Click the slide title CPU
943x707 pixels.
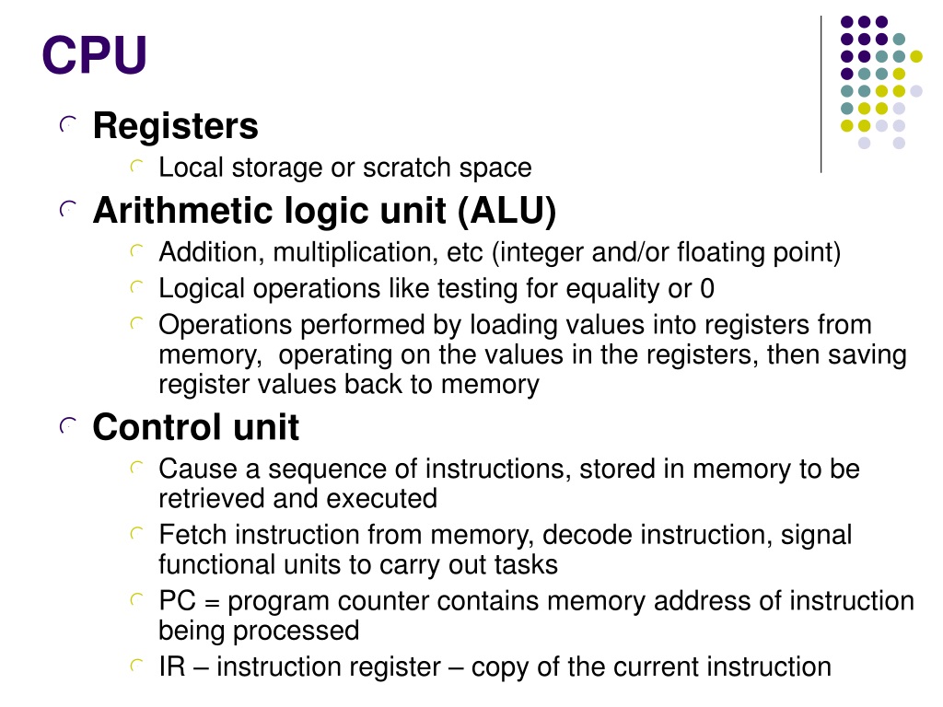pyautogui.click(x=95, y=54)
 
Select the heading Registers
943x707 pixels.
pyautogui.click(x=176, y=126)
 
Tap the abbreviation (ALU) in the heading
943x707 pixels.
pyautogui.click(x=506, y=211)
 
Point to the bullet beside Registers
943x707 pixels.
pyautogui.click(x=68, y=124)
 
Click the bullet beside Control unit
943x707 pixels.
pyautogui.click(x=68, y=426)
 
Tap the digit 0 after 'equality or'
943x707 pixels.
pyautogui.click(x=707, y=289)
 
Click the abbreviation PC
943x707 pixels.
pyautogui.click(x=178, y=600)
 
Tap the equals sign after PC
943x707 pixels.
pyautogui.click(x=212, y=602)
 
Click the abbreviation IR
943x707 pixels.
pyautogui.click(x=172, y=666)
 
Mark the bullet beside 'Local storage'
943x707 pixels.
pyautogui.click(x=137, y=167)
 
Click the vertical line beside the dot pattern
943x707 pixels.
pyautogui.click(x=821, y=95)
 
